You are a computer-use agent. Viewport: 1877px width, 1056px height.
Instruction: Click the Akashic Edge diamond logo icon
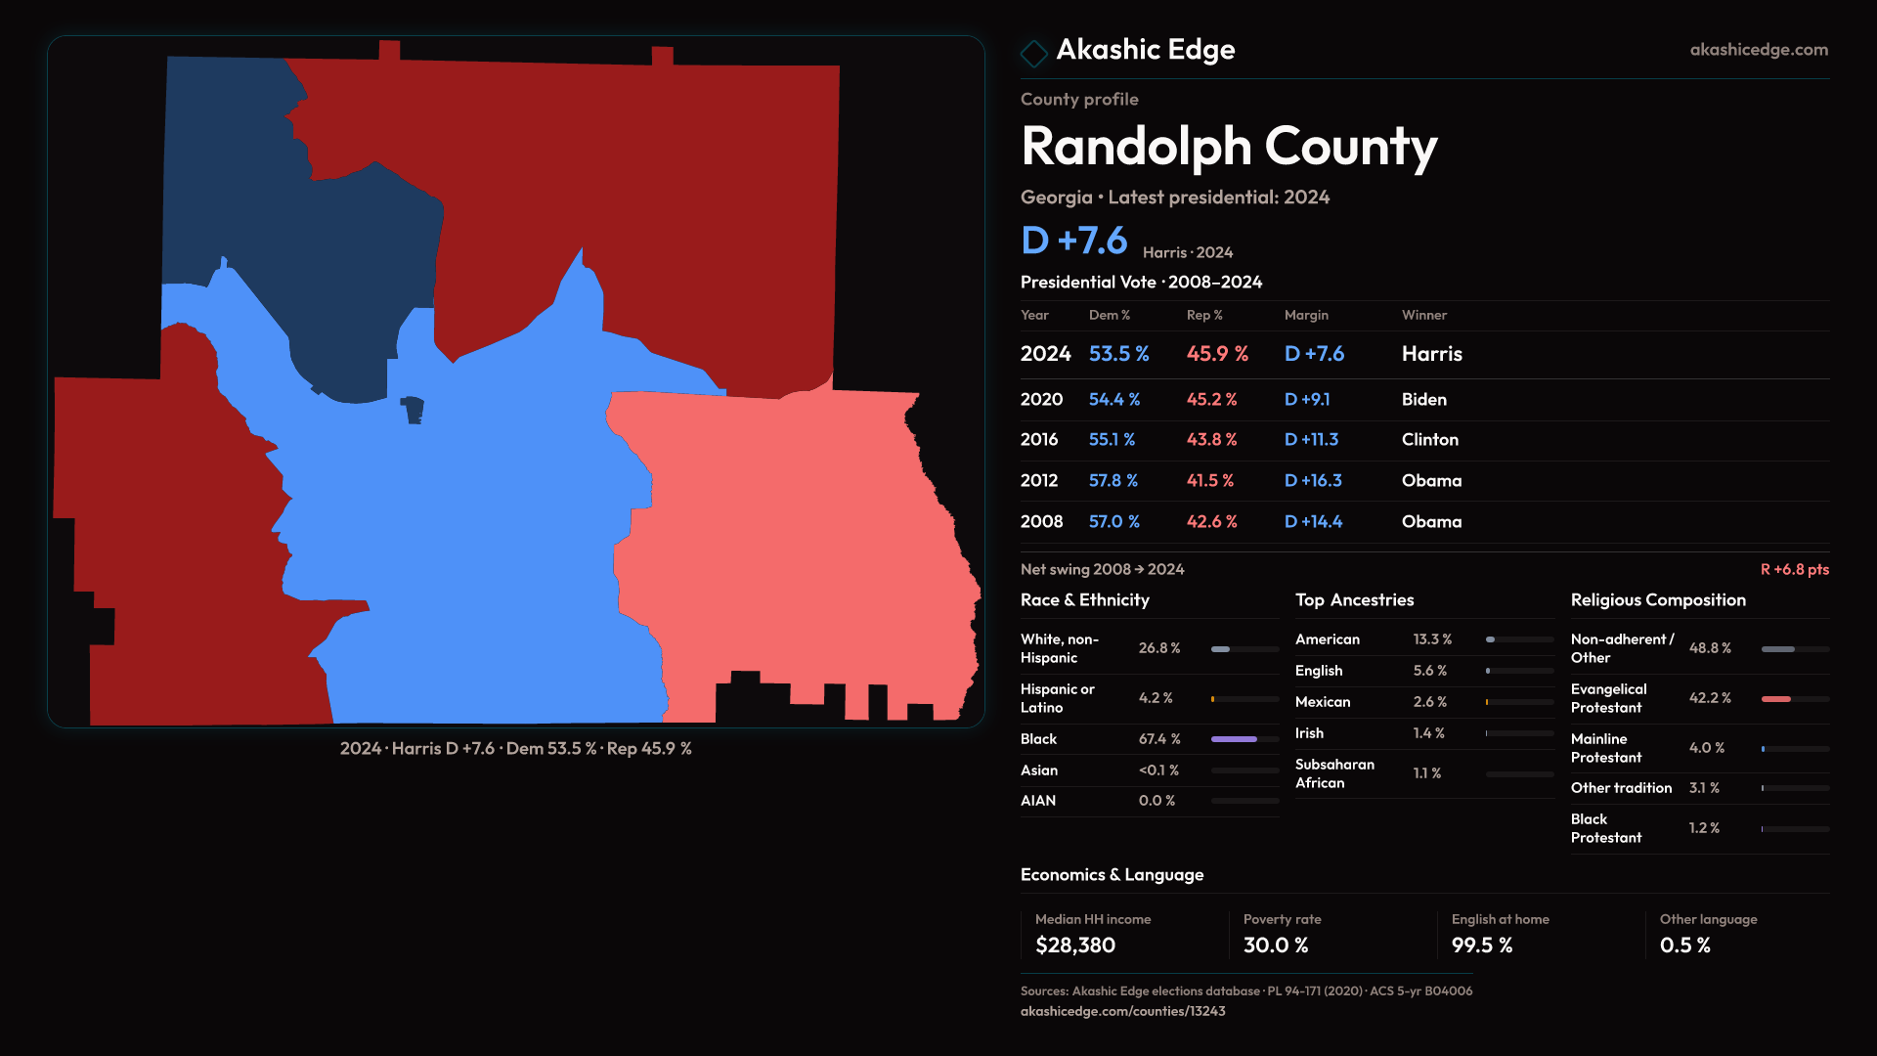[1033, 53]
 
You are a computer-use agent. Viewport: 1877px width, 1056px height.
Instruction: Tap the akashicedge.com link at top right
[1758, 50]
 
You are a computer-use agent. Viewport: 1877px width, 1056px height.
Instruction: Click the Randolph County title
[1228, 147]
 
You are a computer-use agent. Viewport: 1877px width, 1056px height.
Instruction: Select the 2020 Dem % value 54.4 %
[1113, 400]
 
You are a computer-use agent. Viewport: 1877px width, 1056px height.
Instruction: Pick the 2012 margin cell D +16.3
[1312, 481]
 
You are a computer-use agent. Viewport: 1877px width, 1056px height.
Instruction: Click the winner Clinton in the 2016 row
[1429, 440]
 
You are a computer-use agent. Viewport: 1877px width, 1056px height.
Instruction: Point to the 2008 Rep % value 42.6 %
[1211, 522]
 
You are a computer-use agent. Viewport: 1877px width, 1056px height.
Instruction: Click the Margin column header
[1305, 316]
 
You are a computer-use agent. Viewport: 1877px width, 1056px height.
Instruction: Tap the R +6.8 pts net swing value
[1794, 570]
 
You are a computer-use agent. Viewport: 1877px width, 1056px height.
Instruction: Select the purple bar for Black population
[1234, 739]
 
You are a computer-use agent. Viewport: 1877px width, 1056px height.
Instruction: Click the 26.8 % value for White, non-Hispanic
[1158, 648]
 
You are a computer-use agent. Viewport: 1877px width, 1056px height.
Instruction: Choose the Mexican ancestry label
[1322, 702]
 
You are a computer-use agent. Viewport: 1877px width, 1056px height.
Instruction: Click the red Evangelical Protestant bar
[1775, 699]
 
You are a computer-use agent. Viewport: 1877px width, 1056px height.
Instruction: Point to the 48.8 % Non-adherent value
[1709, 648]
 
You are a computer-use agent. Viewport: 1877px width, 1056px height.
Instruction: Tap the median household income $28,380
[1074, 946]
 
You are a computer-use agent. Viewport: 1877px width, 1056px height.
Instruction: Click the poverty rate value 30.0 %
[1275, 946]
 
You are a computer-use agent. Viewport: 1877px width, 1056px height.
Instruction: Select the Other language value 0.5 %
[1684, 946]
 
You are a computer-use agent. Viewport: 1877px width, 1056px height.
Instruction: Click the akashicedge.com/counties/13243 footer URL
[1122, 1012]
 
